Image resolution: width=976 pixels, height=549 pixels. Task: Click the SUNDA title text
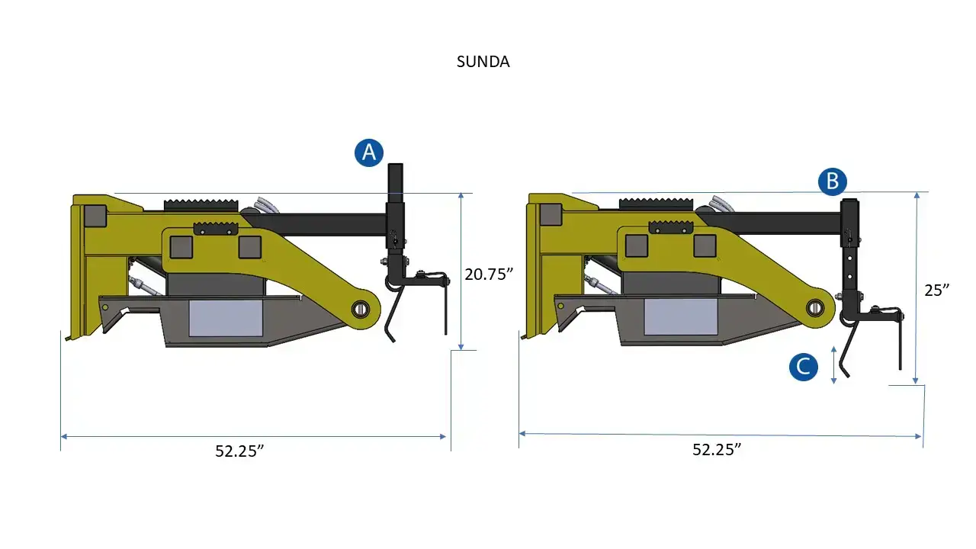[x=483, y=62]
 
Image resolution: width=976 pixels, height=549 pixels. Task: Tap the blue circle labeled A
[x=369, y=153]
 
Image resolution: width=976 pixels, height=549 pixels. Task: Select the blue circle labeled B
[x=832, y=181]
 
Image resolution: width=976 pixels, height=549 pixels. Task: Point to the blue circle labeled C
[x=804, y=367]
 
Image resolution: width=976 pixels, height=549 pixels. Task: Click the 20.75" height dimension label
[x=489, y=274]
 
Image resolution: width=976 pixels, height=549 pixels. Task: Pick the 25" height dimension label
[x=937, y=291]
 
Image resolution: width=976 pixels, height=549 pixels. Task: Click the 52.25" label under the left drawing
[x=239, y=451]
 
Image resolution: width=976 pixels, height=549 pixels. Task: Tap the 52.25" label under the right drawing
[x=717, y=449]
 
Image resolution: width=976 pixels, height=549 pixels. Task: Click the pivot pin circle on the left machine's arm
[x=361, y=310]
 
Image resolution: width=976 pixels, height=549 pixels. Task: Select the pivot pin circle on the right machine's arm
[x=815, y=307]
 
